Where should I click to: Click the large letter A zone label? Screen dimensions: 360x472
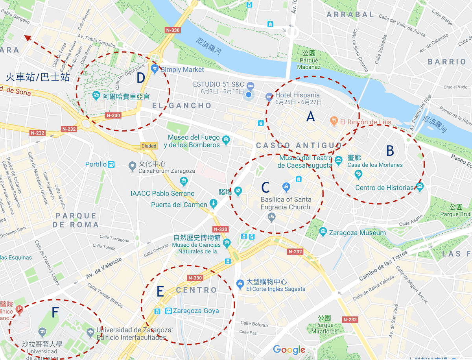pyautogui.click(x=311, y=116)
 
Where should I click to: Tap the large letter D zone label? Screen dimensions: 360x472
pyautogui.click(x=141, y=78)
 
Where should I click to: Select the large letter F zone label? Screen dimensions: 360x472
pyautogui.click(x=55, y=313)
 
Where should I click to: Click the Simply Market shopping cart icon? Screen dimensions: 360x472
pyautogui.click(x=155, y=69)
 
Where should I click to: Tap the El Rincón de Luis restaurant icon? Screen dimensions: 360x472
pyautogui.click(x=334, y=122)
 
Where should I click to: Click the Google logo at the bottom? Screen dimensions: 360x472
pyautogui.click(x=289, y=349)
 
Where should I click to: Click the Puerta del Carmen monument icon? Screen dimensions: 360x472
pyautogui.click(x=213, y=204)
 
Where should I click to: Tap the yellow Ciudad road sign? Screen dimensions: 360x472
pyautogui.click(x=149, y=146)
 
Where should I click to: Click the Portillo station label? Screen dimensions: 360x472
pyautogui.click(x=96, y=164)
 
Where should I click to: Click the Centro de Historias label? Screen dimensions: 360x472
pyautogui.click(x=384, y=188)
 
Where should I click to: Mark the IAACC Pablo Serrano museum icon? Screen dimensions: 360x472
pyautogui.click(x=183, y=182)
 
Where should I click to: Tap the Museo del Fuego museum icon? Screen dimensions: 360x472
pyautogui.click(x=226, y=140)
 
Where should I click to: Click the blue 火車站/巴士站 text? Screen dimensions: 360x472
pyautogui.click(x=38, y=77)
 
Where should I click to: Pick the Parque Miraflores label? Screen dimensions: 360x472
pyautogui.click(x=324, y=328)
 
